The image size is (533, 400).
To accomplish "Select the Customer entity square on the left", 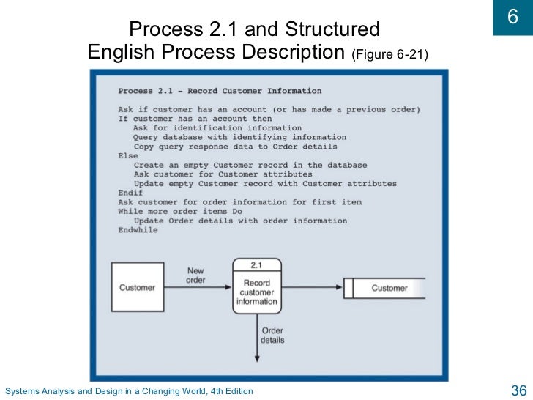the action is point(137,288).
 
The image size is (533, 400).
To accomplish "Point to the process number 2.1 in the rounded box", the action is point(257,264).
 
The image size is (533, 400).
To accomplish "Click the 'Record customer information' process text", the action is point(257,292).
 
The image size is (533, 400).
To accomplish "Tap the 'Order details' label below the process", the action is point(272,335).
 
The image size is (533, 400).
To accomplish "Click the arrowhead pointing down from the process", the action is point(257,357).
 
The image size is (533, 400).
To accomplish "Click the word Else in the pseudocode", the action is point(127,155).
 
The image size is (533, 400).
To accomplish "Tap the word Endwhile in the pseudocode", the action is point(138,230).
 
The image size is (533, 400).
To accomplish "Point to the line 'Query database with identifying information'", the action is point(239,137).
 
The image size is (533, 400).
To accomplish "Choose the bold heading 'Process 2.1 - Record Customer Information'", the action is point(220,91).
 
